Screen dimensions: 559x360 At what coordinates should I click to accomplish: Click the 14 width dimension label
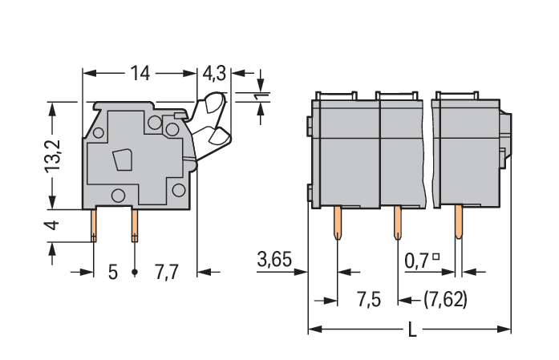pos(140,73)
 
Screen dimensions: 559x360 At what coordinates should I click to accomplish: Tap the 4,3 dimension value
pos(214,74)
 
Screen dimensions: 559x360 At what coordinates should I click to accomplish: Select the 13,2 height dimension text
pos(53,156)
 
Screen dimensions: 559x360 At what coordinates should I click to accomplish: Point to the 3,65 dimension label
pos(274,259)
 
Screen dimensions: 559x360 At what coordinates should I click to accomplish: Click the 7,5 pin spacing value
pos(369,299)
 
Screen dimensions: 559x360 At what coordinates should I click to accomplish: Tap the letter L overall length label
pos(412,330)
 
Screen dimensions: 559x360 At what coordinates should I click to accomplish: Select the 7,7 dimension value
pos(167,272)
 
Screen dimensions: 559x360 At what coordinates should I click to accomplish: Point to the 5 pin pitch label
pos(112,273)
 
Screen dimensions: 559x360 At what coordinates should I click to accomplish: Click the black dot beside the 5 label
pos(135,273)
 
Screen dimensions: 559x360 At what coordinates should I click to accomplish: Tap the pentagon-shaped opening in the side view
pos(123,160)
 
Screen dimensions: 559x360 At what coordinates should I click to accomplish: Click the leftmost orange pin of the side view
pos(93,225)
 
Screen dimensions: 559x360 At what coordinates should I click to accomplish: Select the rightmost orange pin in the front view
pos(459,221)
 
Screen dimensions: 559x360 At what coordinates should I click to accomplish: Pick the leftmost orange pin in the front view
pos(338,222)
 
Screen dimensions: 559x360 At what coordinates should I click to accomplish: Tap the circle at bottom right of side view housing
pos(179,190)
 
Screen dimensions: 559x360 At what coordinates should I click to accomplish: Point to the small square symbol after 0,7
pos(435,257)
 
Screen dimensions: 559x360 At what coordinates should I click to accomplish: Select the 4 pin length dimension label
pos(51,225)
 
